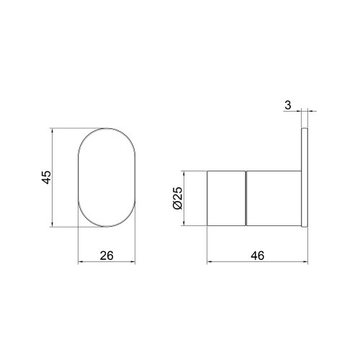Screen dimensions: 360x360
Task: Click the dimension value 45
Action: click(45, 178)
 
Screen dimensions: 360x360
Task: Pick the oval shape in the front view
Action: click(106, 178)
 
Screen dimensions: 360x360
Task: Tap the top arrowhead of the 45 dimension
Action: click(55, 132)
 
